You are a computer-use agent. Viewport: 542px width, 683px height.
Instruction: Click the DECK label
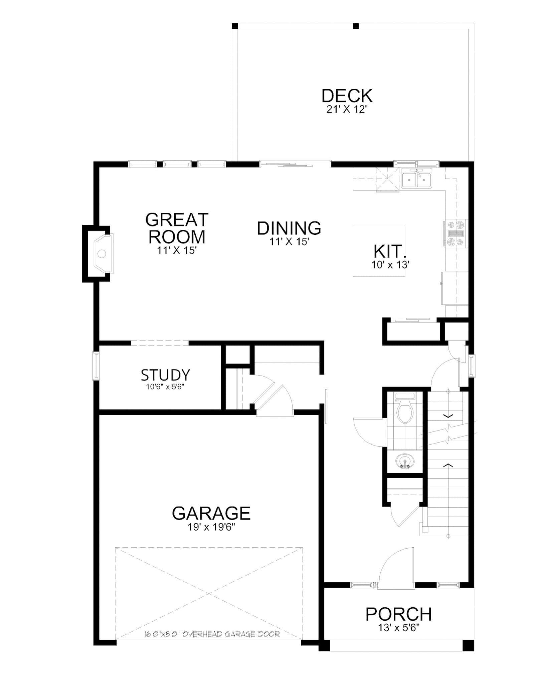point(347,96)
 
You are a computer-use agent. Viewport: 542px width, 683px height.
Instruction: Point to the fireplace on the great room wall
point(101,254)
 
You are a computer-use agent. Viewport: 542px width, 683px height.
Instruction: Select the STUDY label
point(165,375)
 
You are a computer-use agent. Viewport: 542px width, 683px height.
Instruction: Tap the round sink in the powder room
point(405,462)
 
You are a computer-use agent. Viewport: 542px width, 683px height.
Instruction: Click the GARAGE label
point(211,513)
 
